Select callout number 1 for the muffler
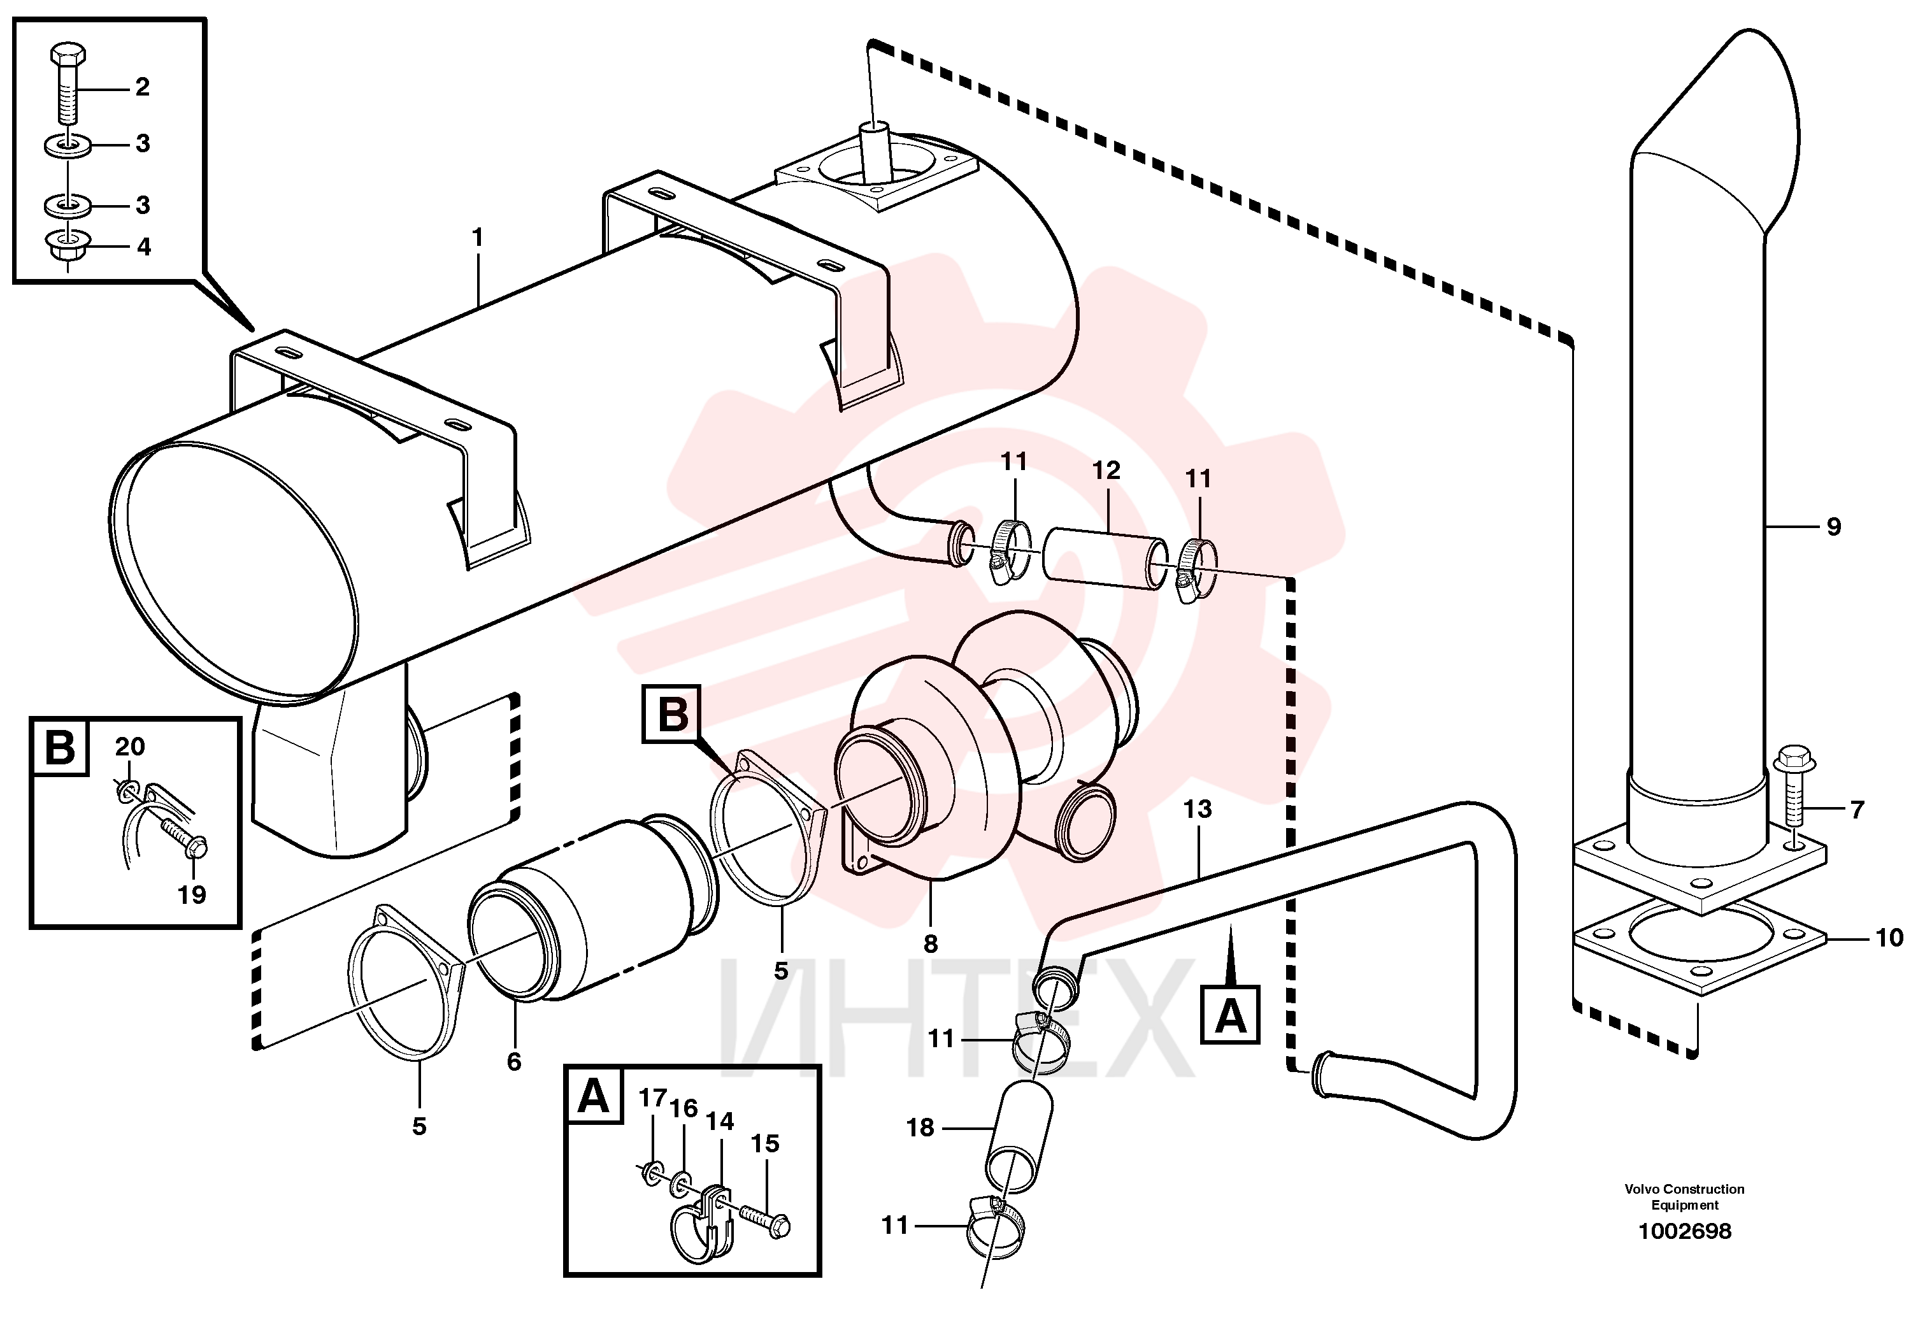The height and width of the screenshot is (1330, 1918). (x=477, y=238)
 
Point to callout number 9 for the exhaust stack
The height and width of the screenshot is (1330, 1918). (x=1833, y=527)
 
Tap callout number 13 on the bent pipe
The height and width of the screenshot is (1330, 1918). (x=1198, y=808)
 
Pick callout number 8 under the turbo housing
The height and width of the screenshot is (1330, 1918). (x=931, y=943)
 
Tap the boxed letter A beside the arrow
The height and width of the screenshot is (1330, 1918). (x=1230, y=1015)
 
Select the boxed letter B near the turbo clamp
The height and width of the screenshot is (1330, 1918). (x=671, y=714)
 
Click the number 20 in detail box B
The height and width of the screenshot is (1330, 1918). (x=130, y=747)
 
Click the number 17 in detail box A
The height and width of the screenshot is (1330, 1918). (x=653, y=1098)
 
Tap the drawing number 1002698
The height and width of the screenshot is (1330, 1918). (x=1685, y=1231)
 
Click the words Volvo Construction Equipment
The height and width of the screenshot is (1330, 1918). (x=1684, y=1197)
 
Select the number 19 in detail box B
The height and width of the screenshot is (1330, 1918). (x=192, y=894)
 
